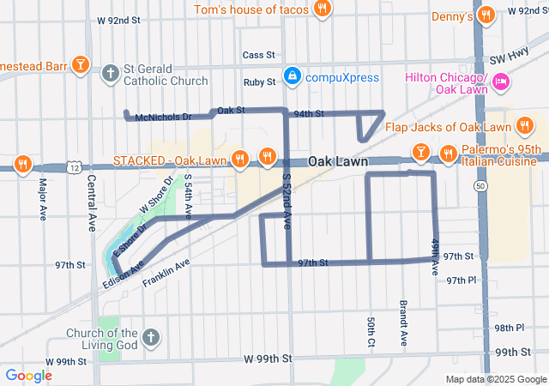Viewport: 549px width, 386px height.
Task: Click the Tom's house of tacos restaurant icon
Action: tap(322, 9)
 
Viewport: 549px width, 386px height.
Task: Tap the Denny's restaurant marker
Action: tap(486, 15)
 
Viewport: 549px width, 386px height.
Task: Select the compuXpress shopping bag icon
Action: tap(293, 77)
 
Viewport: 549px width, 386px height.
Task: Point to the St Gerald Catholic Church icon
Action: tap(110, 74)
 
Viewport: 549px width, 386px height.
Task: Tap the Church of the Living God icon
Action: tap(151, 336)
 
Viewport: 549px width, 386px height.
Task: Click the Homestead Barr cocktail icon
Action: tap(80, 64)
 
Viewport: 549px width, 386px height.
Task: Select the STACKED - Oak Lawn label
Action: tap(169, 160)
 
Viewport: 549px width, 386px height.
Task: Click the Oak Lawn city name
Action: tap(338, 161)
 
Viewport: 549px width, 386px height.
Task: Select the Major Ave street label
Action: tap(42, 198)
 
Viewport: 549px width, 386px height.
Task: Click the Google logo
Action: tap(28, 375)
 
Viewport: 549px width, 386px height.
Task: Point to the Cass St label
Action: tap(257, 55)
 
